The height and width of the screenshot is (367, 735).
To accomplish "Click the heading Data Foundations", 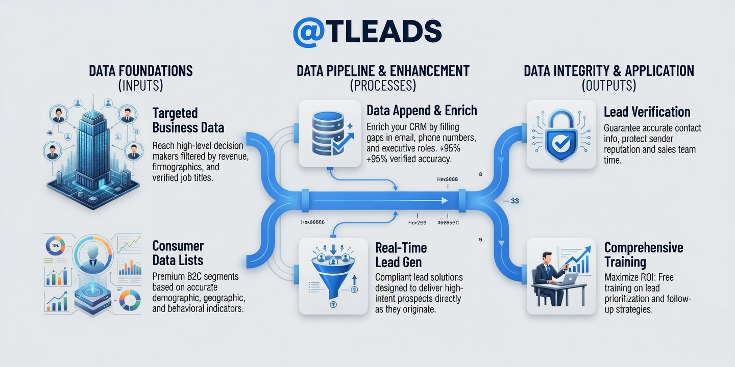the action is (141, 71).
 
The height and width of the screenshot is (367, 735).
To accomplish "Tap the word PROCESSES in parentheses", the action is (383, 86).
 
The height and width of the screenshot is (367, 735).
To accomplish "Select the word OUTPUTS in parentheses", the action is (609, 86).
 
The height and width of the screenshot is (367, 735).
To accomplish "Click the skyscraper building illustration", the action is (92, 151).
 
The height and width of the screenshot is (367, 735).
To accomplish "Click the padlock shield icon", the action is (561, 135).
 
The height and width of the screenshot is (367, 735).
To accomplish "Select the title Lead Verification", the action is (647, 112).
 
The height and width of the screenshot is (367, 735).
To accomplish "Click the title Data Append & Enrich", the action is (422, 111).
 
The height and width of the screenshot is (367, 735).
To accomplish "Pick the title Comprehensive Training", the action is (644, 255).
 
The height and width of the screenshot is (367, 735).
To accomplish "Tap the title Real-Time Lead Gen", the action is (401, 255).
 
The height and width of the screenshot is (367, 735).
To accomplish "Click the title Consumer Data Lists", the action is (178, 253).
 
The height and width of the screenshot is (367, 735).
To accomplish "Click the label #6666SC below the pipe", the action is (448, 223).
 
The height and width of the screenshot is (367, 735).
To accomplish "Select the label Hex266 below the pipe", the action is (417, 223).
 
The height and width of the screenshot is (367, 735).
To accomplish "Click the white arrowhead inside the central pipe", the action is (445, 200).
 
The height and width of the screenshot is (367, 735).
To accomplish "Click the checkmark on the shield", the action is (561, 143).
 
